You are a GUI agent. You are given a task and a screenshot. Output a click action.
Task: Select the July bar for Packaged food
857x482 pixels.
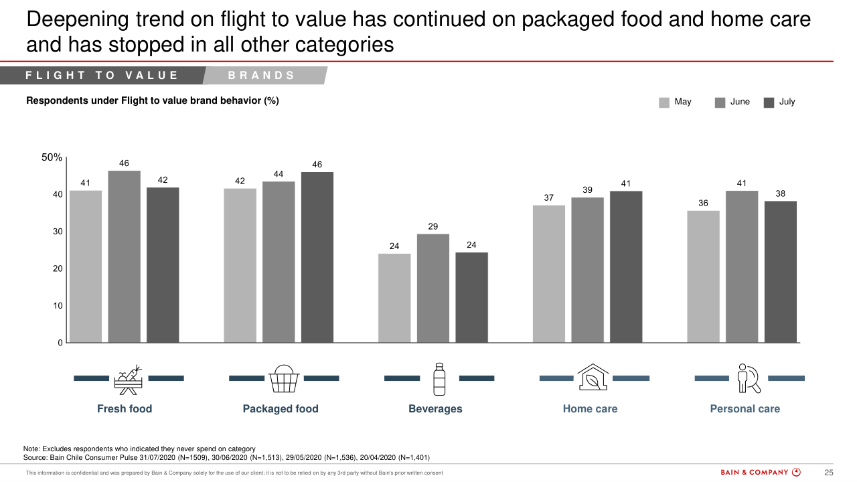point(317,257)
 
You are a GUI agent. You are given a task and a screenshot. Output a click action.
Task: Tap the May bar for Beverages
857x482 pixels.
point(394,298)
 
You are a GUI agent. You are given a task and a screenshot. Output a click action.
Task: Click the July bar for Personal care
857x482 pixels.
point(781,272)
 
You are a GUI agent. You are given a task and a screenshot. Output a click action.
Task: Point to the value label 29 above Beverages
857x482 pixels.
point(433,226)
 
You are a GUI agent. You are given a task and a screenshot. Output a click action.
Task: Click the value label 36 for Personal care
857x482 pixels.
point(703,203)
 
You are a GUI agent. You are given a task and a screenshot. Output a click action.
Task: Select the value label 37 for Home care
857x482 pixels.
point(549,197)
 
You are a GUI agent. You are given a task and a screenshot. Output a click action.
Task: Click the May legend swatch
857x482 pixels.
point(664,102)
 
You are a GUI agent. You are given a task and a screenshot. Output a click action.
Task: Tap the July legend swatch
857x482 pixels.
point(769,102)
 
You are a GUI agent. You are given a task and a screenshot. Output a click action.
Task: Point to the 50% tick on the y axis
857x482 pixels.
point(52,157)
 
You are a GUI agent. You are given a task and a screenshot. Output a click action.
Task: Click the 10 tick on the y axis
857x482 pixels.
point(58,305)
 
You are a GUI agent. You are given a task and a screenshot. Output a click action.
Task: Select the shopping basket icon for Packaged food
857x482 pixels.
point(284,379)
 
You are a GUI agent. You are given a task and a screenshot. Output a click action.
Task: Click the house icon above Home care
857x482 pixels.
point(593,378)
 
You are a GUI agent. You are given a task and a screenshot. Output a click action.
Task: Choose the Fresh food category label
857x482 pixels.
point(125,408)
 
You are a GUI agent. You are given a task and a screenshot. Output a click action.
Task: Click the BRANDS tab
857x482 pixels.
point(262,76)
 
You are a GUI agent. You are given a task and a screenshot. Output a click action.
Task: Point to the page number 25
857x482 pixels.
point(828,472)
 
